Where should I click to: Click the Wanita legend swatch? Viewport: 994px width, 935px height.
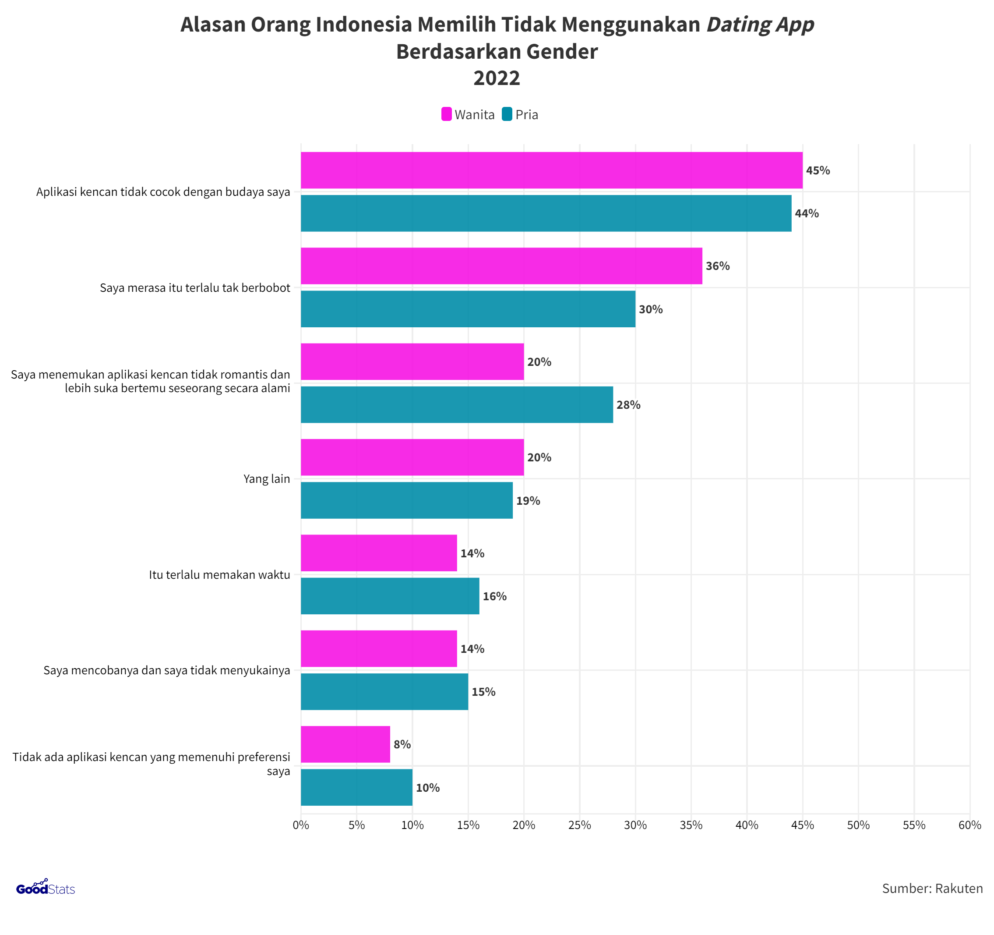point(446,114)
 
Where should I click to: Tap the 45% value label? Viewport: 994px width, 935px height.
point(818,170)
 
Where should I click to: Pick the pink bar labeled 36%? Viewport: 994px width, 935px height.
point(501,266)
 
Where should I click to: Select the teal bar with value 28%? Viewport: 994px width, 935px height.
point(457,405)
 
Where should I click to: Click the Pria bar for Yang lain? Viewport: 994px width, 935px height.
point(406,501)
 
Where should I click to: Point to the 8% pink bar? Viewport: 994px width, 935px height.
point(345,744)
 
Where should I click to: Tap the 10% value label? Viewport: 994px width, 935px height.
point(427,788)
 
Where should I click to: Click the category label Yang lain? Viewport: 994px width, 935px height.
point(267,479)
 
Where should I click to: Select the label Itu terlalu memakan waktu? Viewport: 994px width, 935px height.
point(219,575)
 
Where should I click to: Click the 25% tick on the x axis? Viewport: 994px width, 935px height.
point(579,825)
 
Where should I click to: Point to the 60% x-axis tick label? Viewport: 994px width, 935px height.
point(969,825)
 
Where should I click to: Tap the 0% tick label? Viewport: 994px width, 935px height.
point(300,825)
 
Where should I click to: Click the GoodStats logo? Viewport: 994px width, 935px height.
point(46,888)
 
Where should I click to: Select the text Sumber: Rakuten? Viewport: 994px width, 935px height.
point(932,889)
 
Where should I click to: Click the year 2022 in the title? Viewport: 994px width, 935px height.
point(497,78)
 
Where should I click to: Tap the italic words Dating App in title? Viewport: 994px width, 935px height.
point(760,25)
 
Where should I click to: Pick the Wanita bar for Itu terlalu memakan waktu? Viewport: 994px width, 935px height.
point(378,553)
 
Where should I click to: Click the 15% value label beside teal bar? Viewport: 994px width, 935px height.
point(483,692)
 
